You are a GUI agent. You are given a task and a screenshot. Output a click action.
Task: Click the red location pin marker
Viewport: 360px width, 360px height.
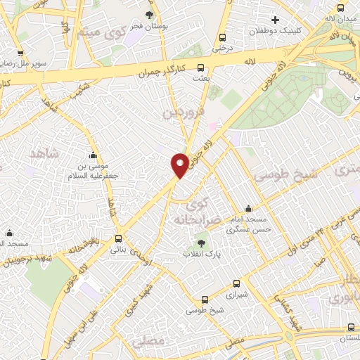(x=180, y=165)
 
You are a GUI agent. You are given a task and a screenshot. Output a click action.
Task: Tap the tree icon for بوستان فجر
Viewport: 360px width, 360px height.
(x=149, y=15)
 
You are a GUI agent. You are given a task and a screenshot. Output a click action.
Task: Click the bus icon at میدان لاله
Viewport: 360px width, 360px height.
(x=341, y=8)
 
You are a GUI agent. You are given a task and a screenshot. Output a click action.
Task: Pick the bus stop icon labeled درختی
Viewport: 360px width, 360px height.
(x=223, y=38)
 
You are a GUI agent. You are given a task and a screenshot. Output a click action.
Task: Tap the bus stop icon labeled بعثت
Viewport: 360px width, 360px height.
(x=201, y=67)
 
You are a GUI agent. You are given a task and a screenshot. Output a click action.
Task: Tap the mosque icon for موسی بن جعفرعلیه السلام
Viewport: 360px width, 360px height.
(x=93, y=155)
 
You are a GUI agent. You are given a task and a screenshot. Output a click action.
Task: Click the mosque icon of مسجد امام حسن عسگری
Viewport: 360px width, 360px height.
(x=247, y=208)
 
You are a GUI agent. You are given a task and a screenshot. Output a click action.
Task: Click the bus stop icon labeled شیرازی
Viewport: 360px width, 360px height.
(x=236, y=285)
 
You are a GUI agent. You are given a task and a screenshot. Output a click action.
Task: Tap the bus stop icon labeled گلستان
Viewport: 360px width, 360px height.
(x=351, y=327)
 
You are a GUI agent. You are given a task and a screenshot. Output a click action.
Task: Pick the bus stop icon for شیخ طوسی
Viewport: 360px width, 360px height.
(x=205, y=299)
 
